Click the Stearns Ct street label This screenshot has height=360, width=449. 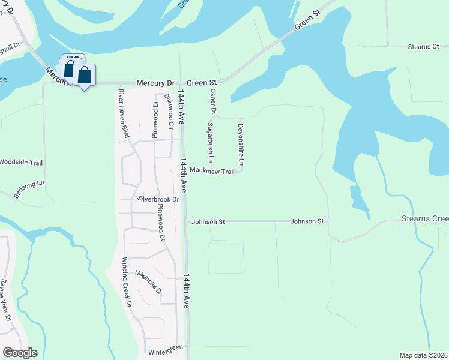423,47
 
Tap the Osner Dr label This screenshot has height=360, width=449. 212,100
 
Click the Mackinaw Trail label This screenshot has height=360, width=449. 211,171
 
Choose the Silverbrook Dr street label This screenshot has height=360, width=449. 158,199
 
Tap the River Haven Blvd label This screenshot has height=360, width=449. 124,113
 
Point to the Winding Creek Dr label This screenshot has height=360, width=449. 126,282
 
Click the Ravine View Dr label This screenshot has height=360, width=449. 5,299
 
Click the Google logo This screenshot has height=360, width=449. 20,353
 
